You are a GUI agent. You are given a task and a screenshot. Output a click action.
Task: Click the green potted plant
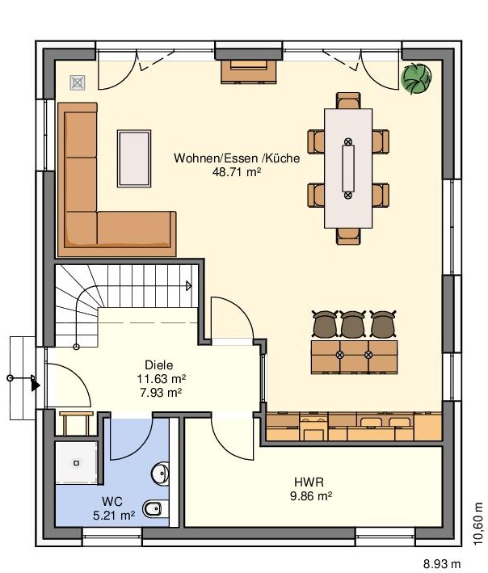click(416, 78)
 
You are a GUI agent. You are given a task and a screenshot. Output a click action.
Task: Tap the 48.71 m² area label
click(237, 172)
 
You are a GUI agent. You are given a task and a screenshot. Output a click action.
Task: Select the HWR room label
click(309, 482)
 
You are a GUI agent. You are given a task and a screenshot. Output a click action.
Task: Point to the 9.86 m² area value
click(311, 496)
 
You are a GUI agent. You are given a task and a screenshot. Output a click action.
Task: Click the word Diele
click(159, 364)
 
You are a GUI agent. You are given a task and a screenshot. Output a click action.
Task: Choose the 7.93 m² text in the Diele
click(161, 393)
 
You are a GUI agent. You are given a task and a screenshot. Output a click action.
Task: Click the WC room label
click(112, 501)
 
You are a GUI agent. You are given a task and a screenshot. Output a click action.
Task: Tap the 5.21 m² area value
click(114, 516)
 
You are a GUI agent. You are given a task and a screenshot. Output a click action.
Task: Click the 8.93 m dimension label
click(442, 564)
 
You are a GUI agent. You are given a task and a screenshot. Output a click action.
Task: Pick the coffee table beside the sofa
click(134, 158)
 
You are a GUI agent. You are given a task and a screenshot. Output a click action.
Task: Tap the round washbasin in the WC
click(160, 474)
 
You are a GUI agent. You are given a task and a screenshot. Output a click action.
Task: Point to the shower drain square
click(76, 463)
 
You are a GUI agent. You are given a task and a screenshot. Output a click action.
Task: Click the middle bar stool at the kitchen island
click(352, 324)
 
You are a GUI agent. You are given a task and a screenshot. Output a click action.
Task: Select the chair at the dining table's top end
click(348, 100)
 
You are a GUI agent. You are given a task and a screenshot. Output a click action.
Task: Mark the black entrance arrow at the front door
click(36, 386)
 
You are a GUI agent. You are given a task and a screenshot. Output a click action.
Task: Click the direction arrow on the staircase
click(188, 286)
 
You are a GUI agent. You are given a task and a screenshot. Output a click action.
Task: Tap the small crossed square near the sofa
click(78, 83)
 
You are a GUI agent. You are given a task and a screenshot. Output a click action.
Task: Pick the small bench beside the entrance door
click(76, 423)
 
